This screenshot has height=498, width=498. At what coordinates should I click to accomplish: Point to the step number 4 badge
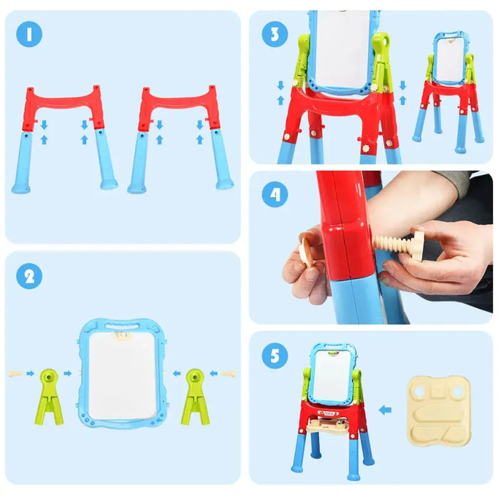coord(275,194)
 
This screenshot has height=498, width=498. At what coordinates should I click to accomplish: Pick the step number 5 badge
coord(275,356)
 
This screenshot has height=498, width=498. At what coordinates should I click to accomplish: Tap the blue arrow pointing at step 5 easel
coord(386,410)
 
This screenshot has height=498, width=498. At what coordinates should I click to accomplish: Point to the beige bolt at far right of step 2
coord(227,373)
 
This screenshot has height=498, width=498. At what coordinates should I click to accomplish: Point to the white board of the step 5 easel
coord(332,376)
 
